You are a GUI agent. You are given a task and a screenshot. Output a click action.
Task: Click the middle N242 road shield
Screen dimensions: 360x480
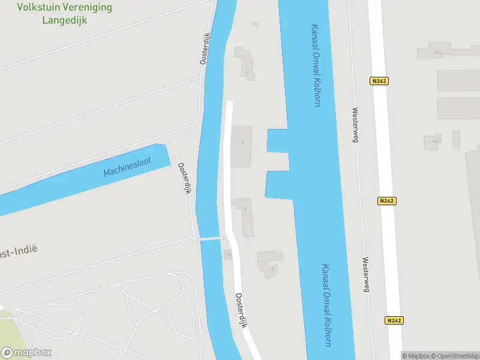pos(386,201)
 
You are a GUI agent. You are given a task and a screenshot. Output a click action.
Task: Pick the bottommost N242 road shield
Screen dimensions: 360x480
pos(394,320)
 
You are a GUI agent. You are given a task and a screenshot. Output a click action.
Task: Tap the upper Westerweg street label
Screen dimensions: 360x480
pos(355,125)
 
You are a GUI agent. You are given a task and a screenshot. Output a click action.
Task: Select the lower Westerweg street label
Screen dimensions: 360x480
pos(365,275)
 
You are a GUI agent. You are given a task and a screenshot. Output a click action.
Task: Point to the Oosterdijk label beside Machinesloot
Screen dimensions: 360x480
pos(184,178)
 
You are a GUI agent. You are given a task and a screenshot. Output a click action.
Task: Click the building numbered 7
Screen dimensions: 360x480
pos(245,64)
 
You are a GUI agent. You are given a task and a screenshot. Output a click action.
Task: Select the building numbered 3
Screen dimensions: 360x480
pos(269,264)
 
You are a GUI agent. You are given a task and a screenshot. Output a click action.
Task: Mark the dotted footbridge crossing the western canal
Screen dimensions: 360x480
pos(212,238)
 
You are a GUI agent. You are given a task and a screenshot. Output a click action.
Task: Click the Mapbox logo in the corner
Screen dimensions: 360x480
pos(26,353)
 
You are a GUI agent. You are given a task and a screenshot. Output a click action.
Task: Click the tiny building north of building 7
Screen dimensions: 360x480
pos(255,24)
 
